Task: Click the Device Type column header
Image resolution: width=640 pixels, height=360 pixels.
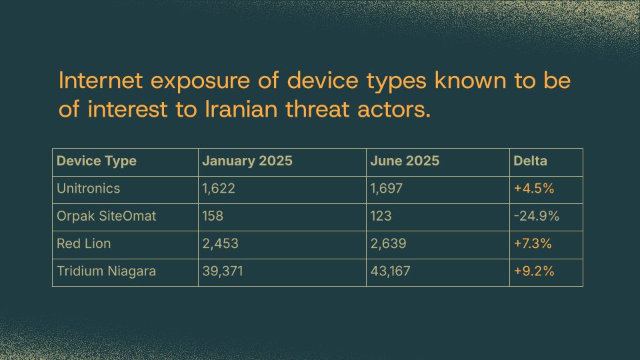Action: tap(97, 161)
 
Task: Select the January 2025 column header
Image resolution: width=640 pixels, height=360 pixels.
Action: tap(247, 161)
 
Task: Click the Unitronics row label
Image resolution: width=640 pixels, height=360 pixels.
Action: tap(89, 189)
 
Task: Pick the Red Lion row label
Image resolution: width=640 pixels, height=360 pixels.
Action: tap(84, 244)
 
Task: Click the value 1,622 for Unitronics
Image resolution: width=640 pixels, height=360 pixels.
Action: tap(219, 189)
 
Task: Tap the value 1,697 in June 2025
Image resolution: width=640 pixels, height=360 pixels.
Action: tap(387, 189)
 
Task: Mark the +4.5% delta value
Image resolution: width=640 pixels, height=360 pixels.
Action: tap(534, 189)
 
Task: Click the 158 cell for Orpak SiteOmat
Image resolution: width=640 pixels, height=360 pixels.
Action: tap(213, 217)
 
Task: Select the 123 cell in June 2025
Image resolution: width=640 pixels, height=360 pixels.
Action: tap(380, 217)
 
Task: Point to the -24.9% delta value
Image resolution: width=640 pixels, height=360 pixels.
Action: tap(536, 217)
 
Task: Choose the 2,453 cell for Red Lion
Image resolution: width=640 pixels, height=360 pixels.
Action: tap(220, 244)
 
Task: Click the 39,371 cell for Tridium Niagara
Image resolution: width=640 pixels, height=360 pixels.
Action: tap(223, 272)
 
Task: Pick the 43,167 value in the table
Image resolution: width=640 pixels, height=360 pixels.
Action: tap(391, 272)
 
